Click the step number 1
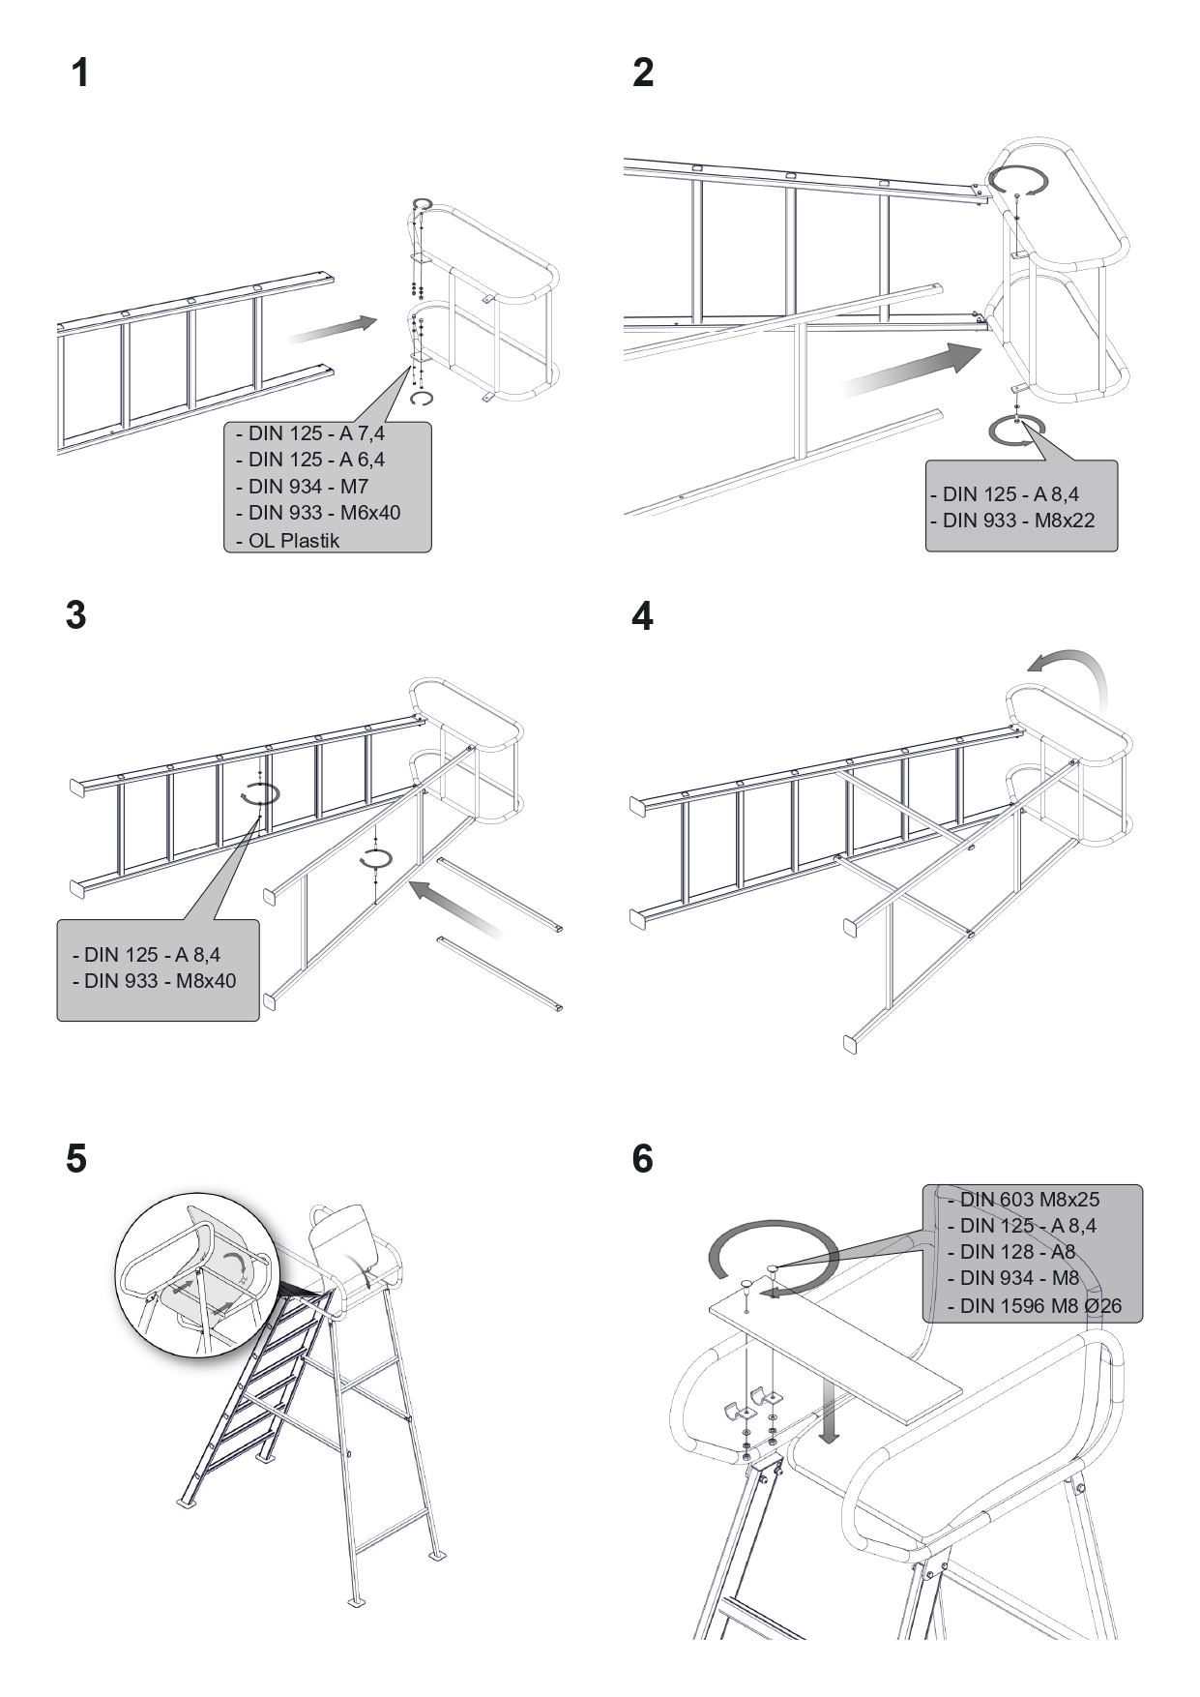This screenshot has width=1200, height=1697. [x=80, y=74]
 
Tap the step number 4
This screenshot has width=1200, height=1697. [x=642, y=616]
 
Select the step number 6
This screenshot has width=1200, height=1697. [x=642, y=1158]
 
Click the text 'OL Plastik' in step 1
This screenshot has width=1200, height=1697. [x=293, y=541]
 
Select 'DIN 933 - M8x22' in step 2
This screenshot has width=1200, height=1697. [x=1017, y=520]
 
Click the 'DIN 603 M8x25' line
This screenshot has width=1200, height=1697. [x=1029, y=1200]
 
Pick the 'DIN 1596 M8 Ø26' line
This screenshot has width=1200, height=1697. [x=1039, y=1306]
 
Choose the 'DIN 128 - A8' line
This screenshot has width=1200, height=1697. [x=1017, y=1252]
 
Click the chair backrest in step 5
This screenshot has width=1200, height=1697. [x=337, y=1235]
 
